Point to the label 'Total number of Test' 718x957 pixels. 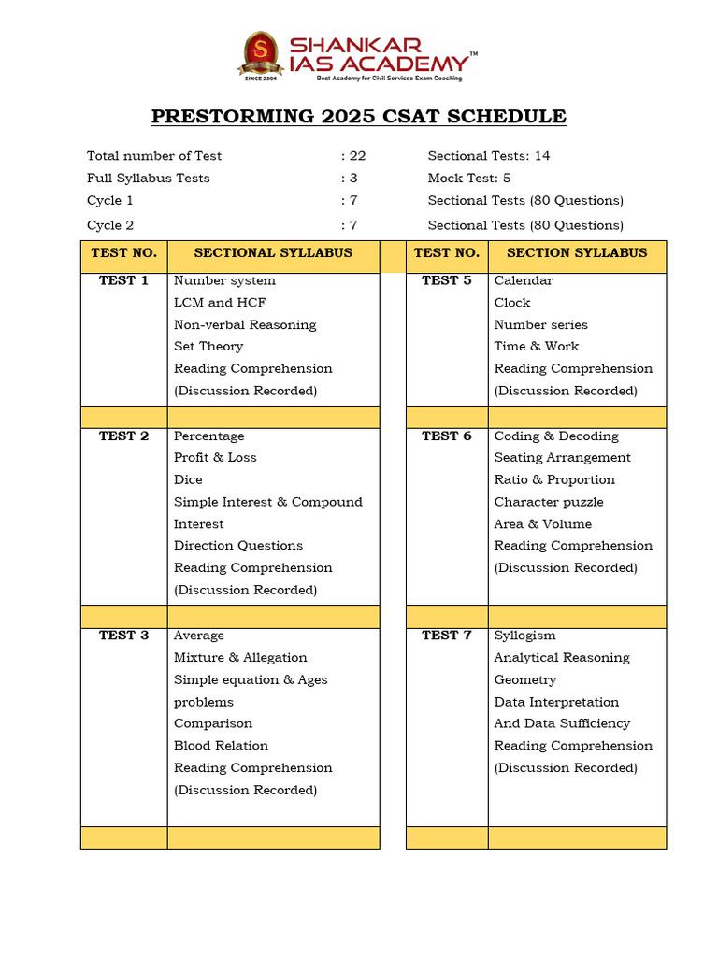click(x=154, y=156)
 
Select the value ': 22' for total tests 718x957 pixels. click(x=353, y=156)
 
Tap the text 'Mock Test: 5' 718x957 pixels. click(x=469, y=179)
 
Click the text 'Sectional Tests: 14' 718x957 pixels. click(x=489, y=156)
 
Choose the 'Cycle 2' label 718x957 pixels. click(x=110, y=225)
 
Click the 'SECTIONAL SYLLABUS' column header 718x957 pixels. click(x=273, y=253)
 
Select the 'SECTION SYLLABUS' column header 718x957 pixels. click(x=577, y=253)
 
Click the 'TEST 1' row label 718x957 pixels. click(x=123, y=280)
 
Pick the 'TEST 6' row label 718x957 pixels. click(x=447, y=436)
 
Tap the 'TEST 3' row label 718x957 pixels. click(x=123, y=636)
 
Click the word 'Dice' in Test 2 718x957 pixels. click(x=188, y=480)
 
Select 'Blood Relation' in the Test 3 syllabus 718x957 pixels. click(x=221, y=746)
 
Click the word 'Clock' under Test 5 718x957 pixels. click(x=512, y=303)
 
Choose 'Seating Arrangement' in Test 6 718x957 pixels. click(x=562, y=458)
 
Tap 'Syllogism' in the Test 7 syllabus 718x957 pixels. click(x=524, y=636)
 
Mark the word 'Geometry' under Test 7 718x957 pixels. click(x=524, y=680)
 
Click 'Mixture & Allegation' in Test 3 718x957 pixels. click(x=240, y=658)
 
